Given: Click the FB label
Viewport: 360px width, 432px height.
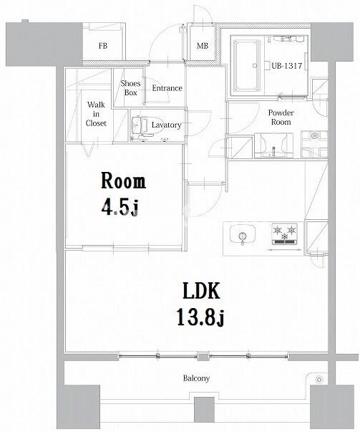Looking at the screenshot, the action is tap(103, 46).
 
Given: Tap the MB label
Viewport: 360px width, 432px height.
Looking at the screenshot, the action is tap(203, 46).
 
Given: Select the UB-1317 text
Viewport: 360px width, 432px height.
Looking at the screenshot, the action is tap(287, 66).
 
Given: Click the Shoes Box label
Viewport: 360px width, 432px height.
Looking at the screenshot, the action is tap(130, 88).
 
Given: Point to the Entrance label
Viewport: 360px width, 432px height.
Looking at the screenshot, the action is tap(167, 88).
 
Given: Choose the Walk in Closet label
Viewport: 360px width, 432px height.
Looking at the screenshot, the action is tap(96, 114).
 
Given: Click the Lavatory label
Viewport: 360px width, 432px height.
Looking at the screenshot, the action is tap(166, 125).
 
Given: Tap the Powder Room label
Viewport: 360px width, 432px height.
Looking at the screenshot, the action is tap(281, 117).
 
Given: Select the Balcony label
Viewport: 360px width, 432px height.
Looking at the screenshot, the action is tap(196, 378).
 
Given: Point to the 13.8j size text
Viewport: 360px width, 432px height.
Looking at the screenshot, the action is tap(200, 317).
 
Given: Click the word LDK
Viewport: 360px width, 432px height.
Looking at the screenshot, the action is tap(201, 292).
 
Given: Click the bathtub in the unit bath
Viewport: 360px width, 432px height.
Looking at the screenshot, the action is tap(247, 65).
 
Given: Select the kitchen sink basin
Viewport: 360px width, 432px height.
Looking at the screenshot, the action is tap(242, 234).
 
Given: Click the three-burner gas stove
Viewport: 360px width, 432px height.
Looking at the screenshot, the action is tap(285, 234).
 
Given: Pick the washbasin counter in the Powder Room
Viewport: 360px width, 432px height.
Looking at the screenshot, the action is tap(273, 145).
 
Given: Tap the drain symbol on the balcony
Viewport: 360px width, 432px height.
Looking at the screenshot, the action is tap(319, 380).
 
